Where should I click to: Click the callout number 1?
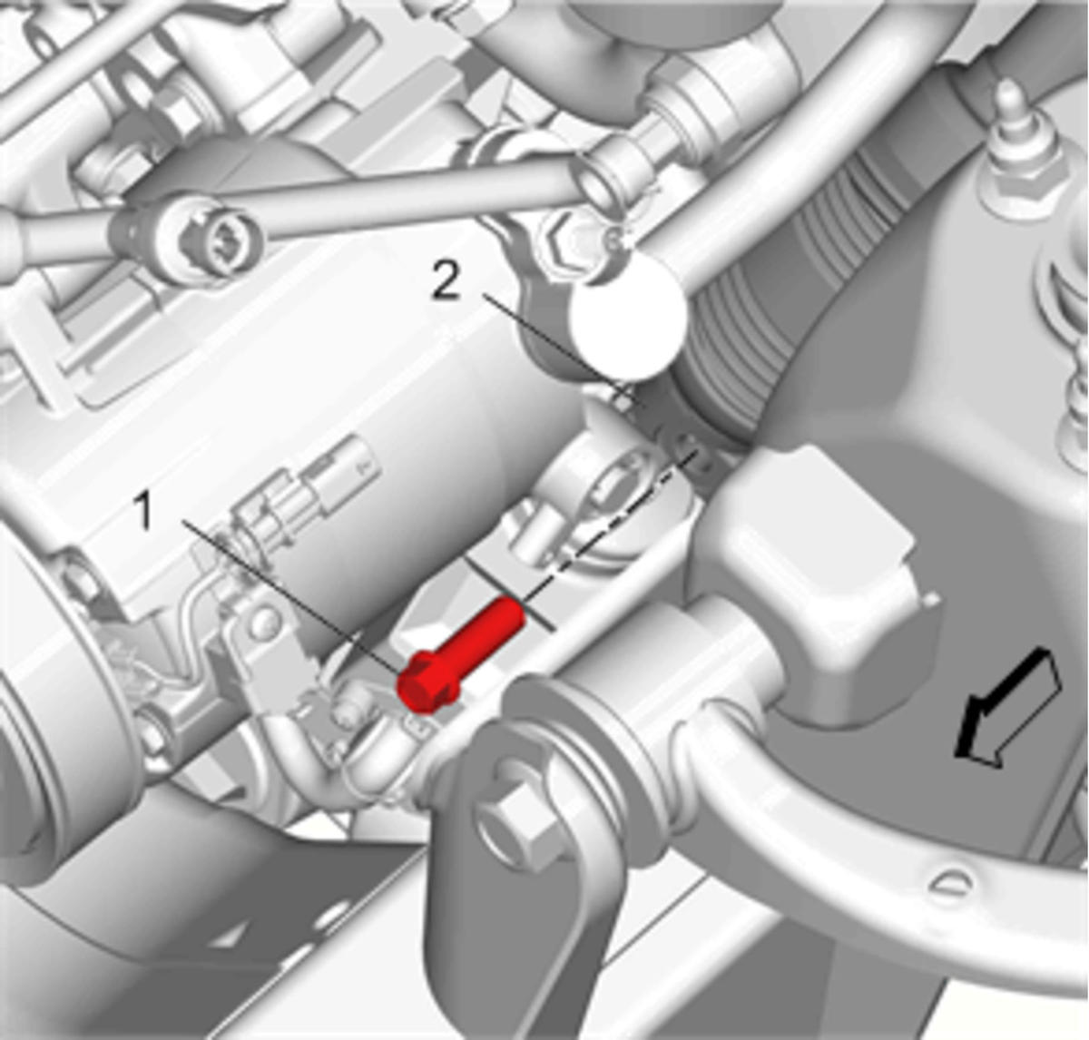point(145,512)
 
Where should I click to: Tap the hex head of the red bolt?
point(426,684)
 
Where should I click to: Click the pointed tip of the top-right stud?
point(1009,85)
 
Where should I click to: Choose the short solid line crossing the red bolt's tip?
point(510,594)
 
